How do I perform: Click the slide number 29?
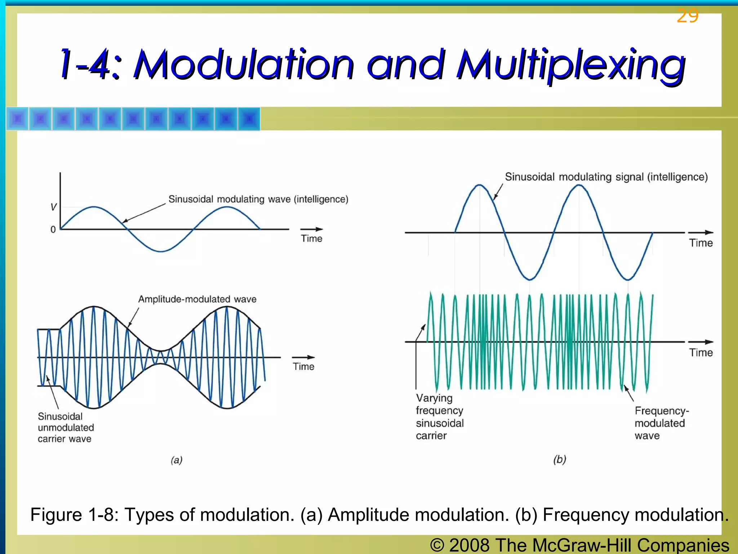click(x=688, y=16)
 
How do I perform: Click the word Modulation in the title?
click(x=244, y=65)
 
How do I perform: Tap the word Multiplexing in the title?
click(x=571, y=65)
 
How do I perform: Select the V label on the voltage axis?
click(x=53, y=207)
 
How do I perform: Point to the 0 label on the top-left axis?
click(x=53, y=230)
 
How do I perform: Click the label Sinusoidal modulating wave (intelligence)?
click(x=258, y=199)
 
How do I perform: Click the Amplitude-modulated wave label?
click(x=197, y=299)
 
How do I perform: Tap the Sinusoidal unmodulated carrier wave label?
click(x=66, y=427)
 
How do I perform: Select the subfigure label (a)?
click(x=177, y=460)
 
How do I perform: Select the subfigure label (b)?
click(x=560, y=459)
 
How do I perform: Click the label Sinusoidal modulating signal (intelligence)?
click(x=606, y=177)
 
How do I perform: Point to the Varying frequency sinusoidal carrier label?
click(x=440, y=417)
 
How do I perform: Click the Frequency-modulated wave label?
click(x=661, y=423)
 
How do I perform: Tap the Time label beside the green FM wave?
click(x=701, y=352)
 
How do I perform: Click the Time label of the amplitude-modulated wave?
click(x=303, y=366)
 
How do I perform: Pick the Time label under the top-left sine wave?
click(x=311, y=238)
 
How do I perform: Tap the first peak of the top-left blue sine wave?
click(x=94, y=207)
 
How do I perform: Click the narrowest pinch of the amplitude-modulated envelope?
click(x=161, y=357)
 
